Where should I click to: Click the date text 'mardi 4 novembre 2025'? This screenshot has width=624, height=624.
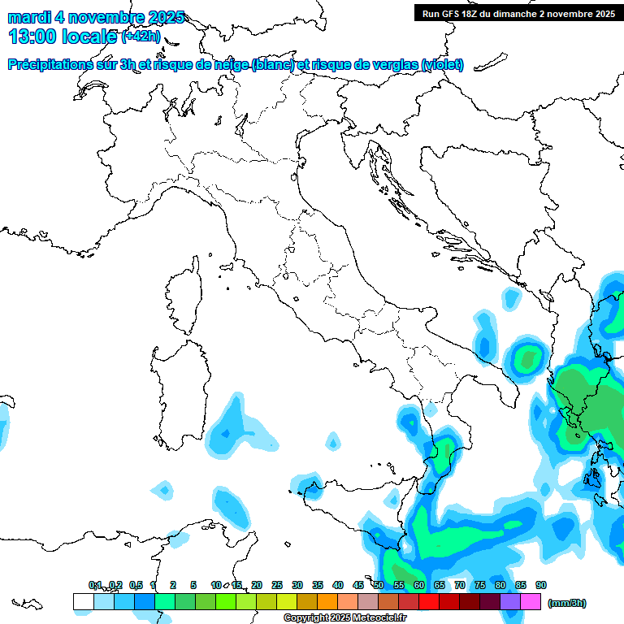[x=96, y=17]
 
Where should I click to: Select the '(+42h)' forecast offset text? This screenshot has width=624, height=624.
[x=141, y=37]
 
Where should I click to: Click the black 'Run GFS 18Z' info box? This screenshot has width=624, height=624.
[x=518, y=13]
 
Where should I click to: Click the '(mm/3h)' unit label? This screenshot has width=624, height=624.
[x=566, y=603]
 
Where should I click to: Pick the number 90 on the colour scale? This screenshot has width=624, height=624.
[x=541, y=585]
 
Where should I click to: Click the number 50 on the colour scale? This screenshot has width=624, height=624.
[x=379, y=585]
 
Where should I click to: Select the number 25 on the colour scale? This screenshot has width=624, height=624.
[x=277, y=585]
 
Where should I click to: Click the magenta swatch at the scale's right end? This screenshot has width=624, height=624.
[x=531, y=602]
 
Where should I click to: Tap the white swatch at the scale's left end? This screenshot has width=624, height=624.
[x=83, y=602]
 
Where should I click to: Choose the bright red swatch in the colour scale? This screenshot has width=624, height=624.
[x=429, y=602]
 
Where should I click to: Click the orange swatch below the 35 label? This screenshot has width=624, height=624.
[x=327, y=602]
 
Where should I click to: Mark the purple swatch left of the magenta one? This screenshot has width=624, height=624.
[x=510, y=602]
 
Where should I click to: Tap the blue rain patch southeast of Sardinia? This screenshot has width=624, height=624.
[x=232, y=427]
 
